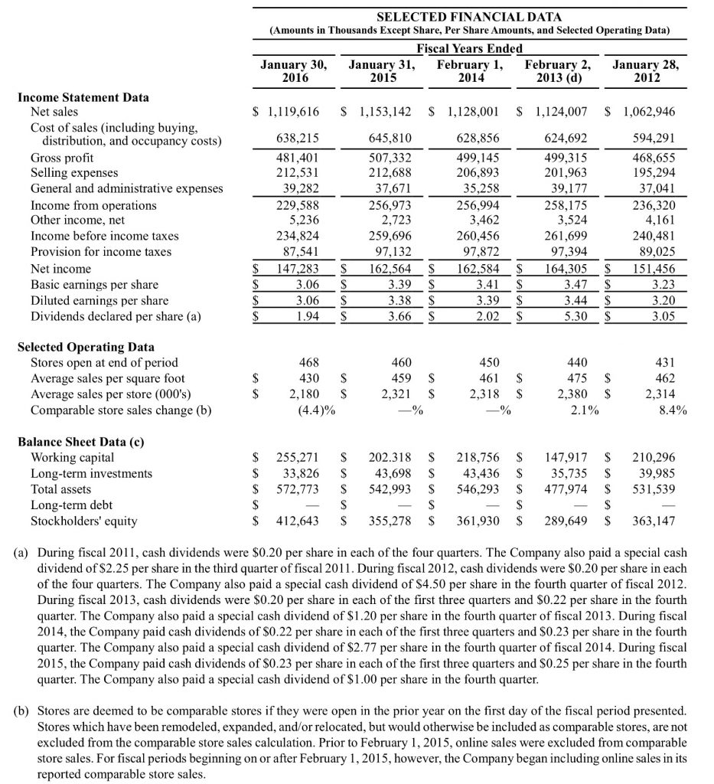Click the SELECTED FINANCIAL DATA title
(x=470, y=17)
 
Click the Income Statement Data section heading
(x=83, y=97)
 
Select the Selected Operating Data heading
(x=86, y=347)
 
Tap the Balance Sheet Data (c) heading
(x=81, y=442)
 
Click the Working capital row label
(x=72, y=458)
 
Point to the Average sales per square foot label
(x=107, y=378)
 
